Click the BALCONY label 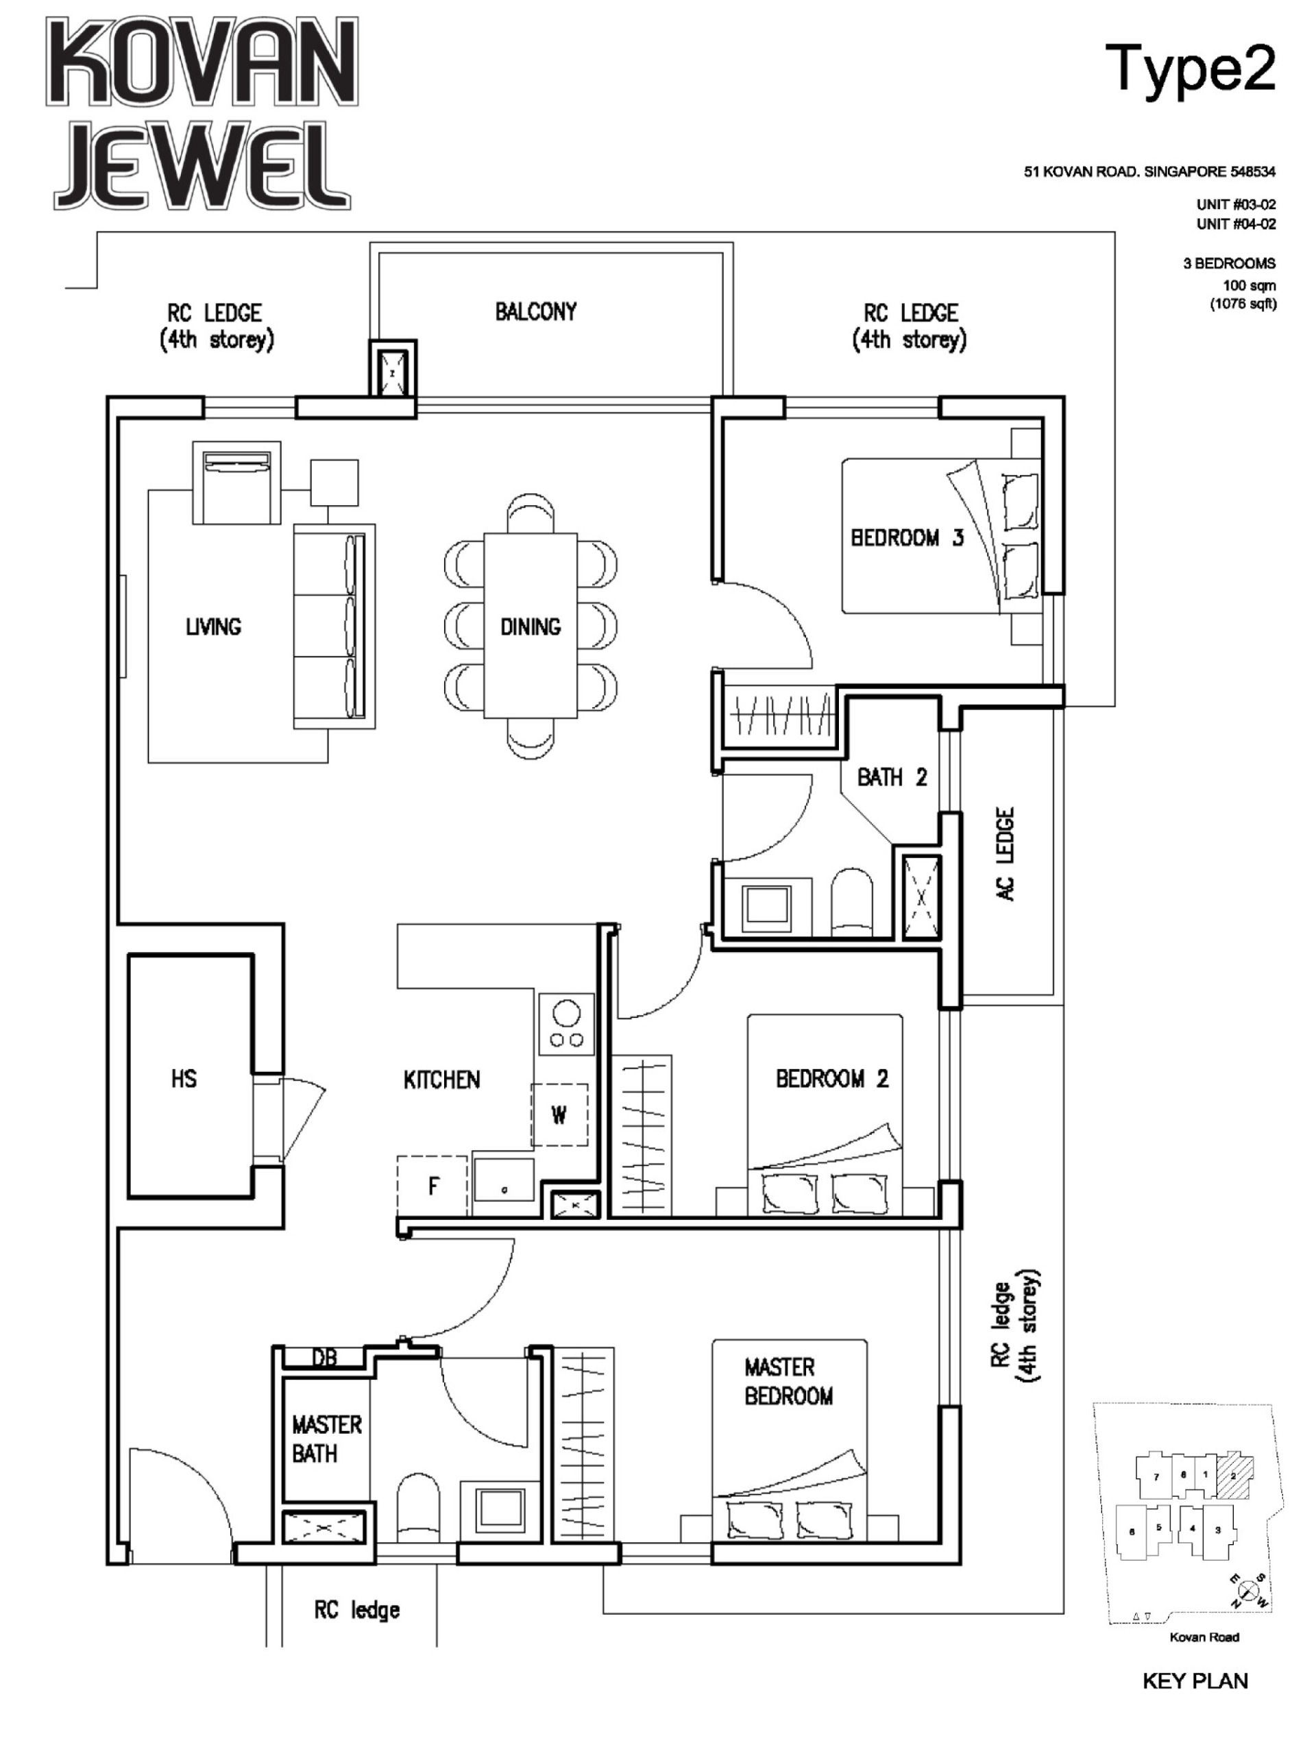point(535,312)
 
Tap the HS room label point(184,1079)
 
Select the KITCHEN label point(442,1079)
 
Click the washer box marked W point(559,1115)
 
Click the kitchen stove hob point(567,1024)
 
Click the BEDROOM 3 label point(907,538)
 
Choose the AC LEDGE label point(1006,855)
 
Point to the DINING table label point(530,627)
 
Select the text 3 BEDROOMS point(1228,263)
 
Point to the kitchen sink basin point(504,1180)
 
